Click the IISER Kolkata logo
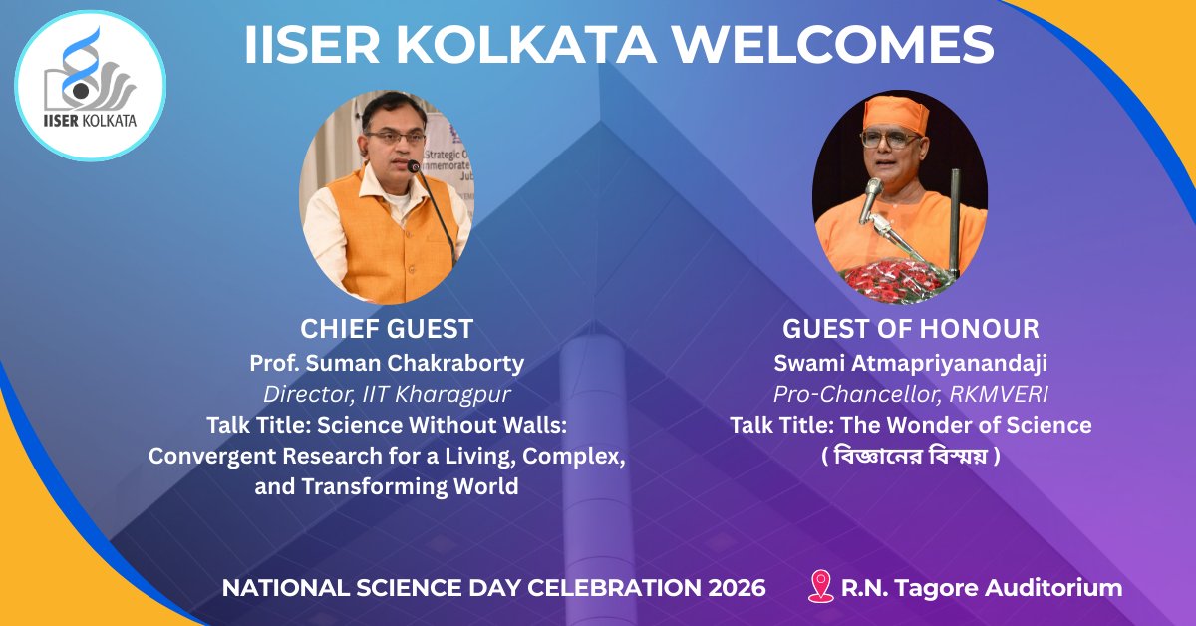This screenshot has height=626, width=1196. [x=91, y=85]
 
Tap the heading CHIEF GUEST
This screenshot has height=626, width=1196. [x=387, y=329]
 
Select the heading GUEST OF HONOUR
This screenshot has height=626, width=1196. [x=910, y=329]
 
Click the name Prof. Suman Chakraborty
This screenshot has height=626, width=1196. [x=387, y=362]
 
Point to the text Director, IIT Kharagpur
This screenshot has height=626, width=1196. [x=387, y=393]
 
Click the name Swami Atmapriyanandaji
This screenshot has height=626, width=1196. [x=910, y=362]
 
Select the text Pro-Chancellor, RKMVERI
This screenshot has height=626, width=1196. [x=910, y=393]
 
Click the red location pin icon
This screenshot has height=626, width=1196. [x=820, y=586]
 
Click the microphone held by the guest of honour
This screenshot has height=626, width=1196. [x=871, y=199]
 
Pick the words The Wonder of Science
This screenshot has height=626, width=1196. [x=966, y=425]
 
